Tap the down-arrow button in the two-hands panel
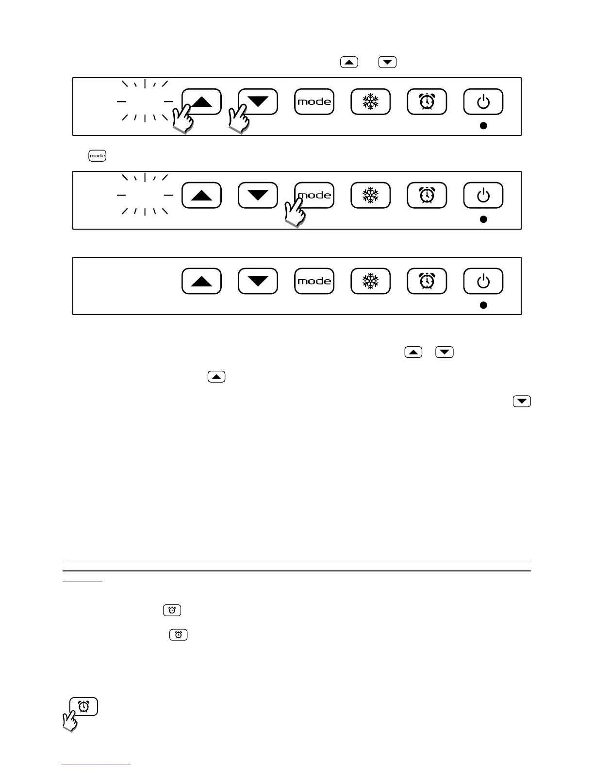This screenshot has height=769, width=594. (x=258, y=101)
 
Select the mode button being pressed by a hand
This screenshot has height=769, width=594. (x=314, y=195)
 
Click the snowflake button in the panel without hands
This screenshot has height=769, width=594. (x=370, y=281)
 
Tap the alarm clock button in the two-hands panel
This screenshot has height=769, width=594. (x=427, y=101)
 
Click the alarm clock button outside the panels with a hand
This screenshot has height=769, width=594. (x=84, y=706)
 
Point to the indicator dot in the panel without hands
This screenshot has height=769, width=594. (x=483, y=305)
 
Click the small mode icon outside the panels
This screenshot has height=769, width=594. (x=97, y=156)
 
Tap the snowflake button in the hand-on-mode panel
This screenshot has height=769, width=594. (x=370, y=195)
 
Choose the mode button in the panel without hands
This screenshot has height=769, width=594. (x=314, y=281)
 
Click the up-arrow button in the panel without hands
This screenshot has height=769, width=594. (x=202, y=281)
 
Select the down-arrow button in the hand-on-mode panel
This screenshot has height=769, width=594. (x=258, y=195)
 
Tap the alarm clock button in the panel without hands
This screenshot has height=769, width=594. (x=427, y=281)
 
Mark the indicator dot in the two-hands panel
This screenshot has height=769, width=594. (x=483, y=125)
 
